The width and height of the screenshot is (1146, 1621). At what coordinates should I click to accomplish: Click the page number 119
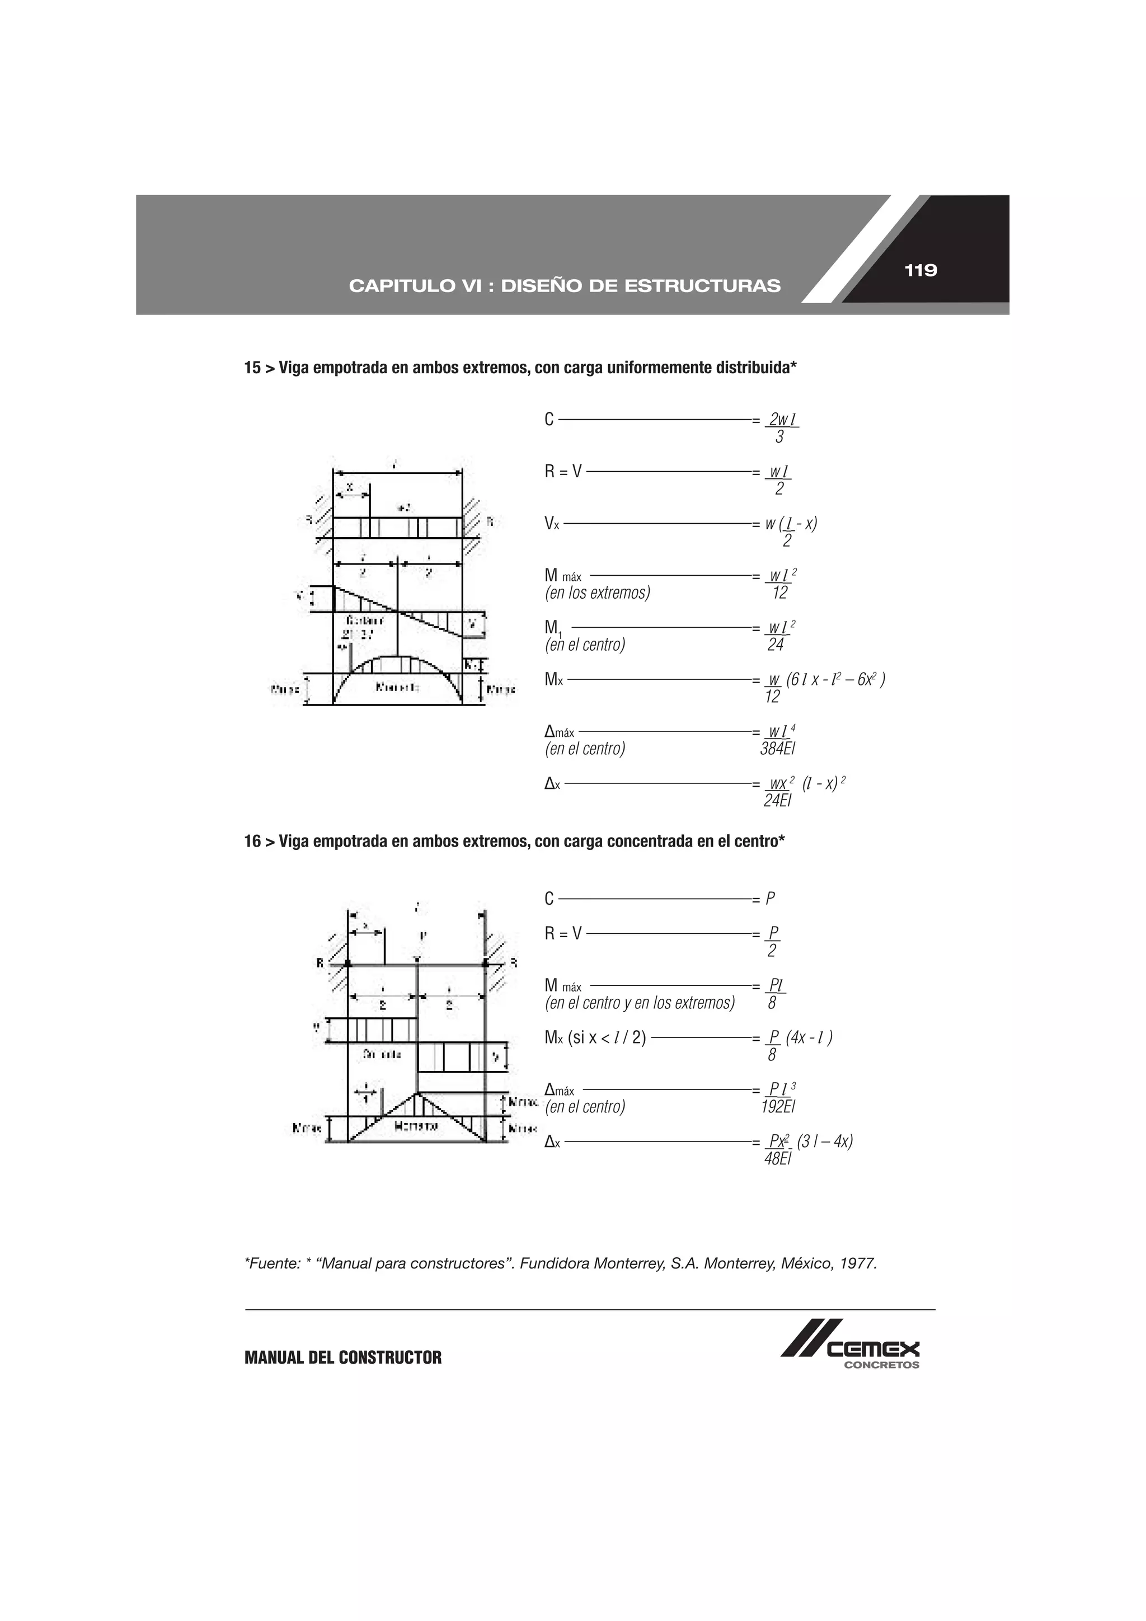[x=920, y=270]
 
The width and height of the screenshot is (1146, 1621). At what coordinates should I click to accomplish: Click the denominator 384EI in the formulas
[x=777, y=749]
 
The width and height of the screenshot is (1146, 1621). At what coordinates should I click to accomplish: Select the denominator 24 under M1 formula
[x=776, y=645]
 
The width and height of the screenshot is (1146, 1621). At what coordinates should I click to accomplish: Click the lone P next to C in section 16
[x=771, y=899]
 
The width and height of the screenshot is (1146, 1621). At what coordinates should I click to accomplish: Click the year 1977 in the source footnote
[x=857, y=1263]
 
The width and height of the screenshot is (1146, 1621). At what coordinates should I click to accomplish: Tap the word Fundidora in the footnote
[x=555, y=1263]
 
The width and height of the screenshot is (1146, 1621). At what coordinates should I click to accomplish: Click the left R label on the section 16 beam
[x=320, y=962]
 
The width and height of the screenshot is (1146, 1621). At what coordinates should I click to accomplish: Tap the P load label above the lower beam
[x=421, y=936]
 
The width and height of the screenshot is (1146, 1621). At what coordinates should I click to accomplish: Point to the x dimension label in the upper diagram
[x=349, y=486]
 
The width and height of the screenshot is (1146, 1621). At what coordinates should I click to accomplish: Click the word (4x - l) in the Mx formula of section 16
[x=809, y=1037]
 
